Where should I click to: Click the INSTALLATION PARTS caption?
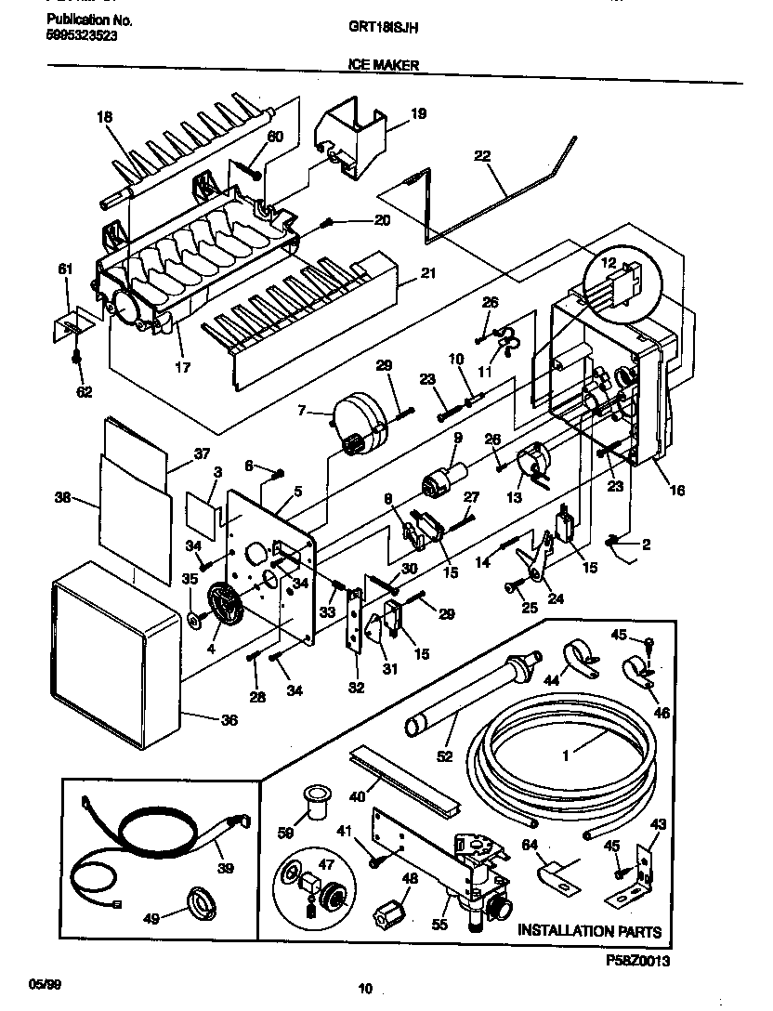[590, 930]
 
